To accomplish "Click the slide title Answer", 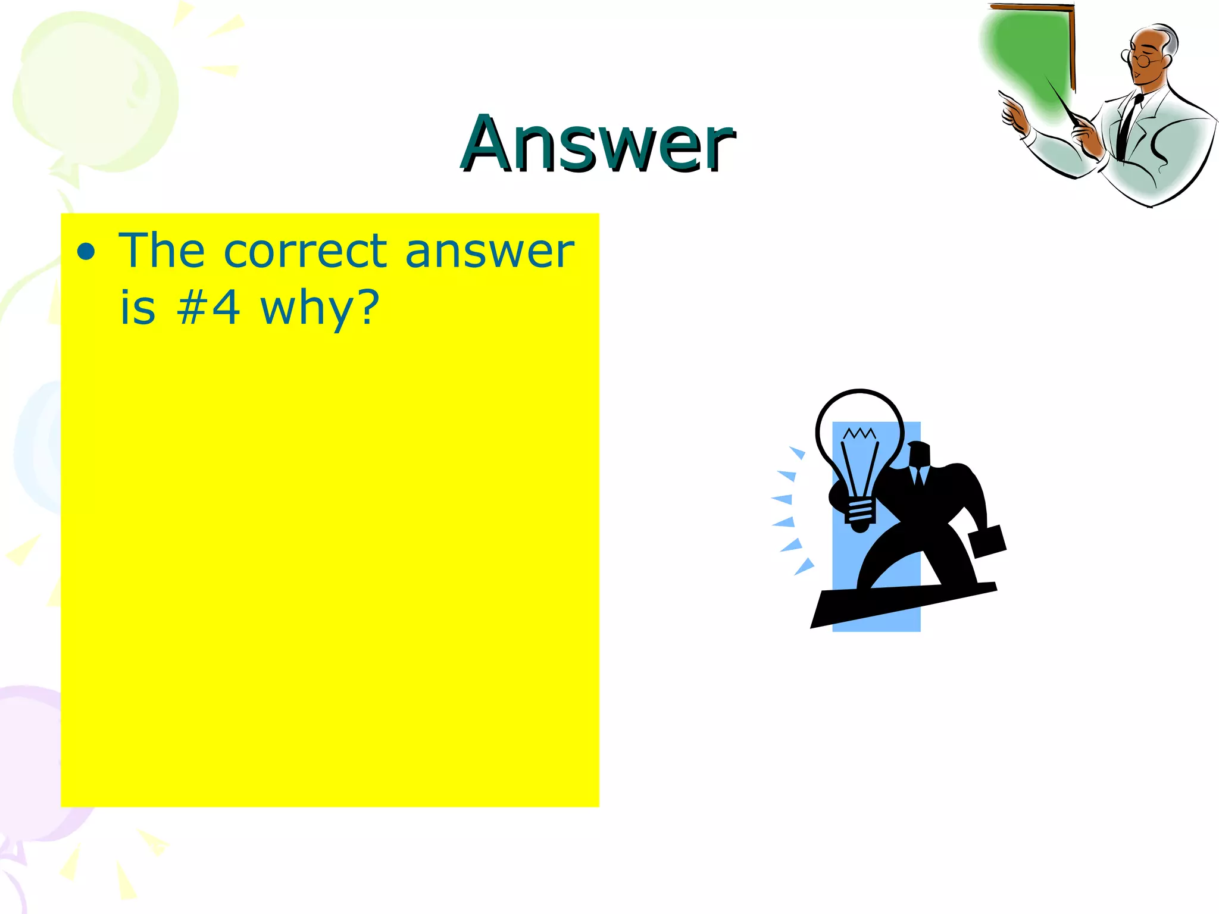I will pyautogui.click(x=598, y=144).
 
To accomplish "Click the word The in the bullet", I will pyautogui.click(x=162, y=251).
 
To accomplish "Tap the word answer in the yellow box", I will pyautogui.click(x=489, y=252).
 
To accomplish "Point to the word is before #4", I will pyautogui.click(x=138, y=308).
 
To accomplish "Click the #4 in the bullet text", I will pyautogui.click(x=208, y=308).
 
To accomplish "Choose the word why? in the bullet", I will pyautogui.click(x=320, y=309).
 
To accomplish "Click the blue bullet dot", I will pyautogui.click(x=86, y=252).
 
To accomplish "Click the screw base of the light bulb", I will pyautogui.click(x=860, y=515).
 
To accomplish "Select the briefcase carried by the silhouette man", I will pyautogui.click(x=987, y=541).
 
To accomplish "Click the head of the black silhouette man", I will pyautogui.click(x=919, y=455).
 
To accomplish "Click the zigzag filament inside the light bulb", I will pyautogui.click(x=859, y=433).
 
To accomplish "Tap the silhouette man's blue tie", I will pyautogui.click(x=920, y=476).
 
